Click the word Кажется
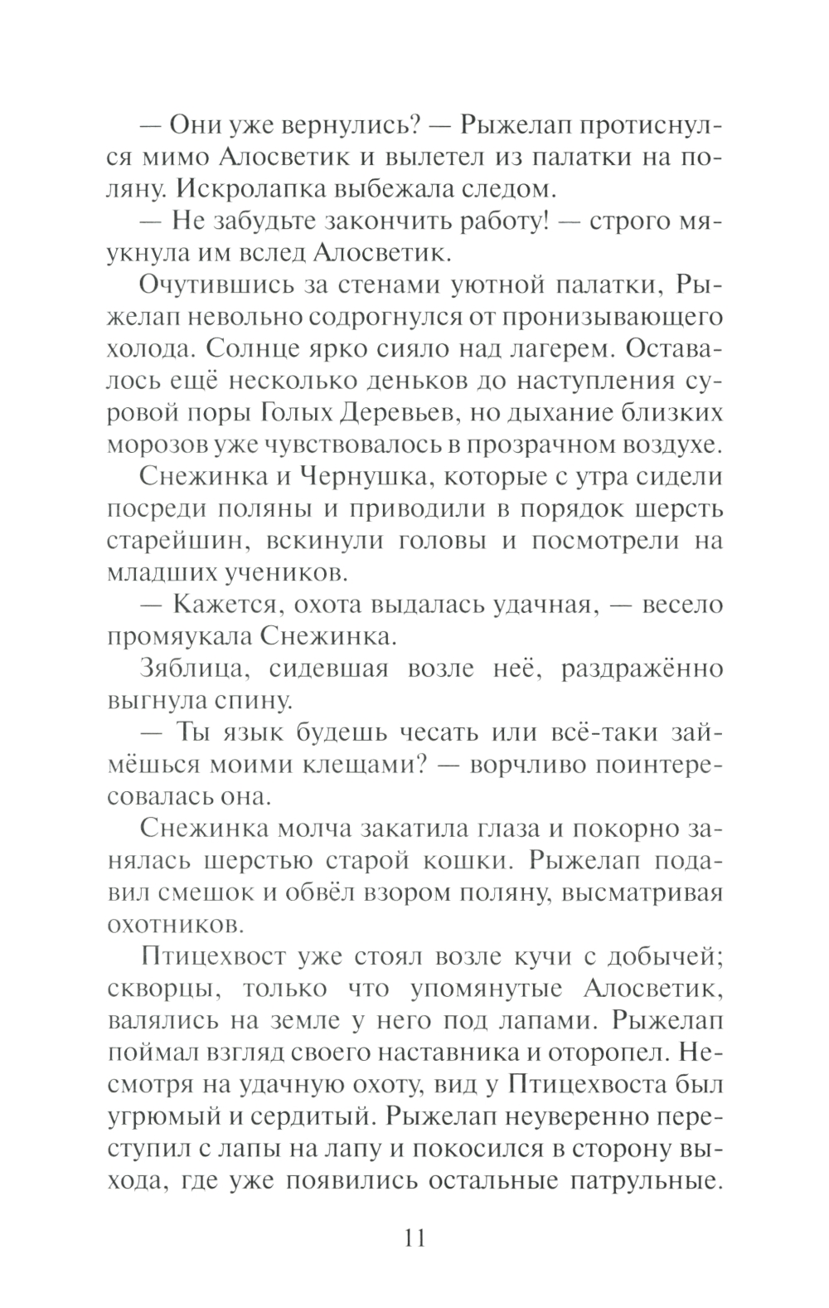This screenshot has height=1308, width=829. [217, 605]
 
